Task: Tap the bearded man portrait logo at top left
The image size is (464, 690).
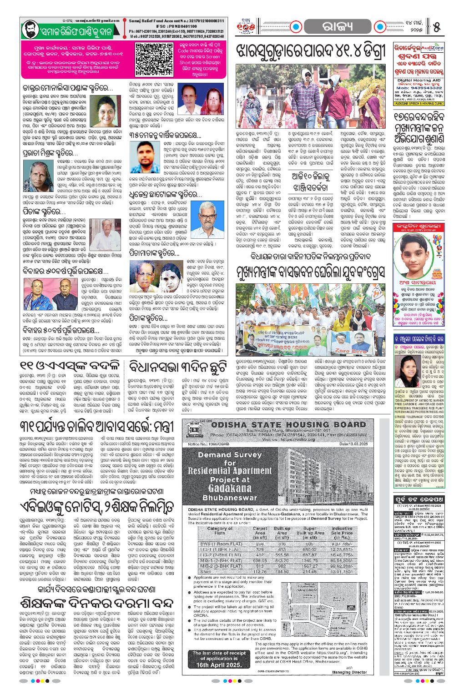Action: pos(30,30)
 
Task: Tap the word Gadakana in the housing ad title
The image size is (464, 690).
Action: pos(230,488)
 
